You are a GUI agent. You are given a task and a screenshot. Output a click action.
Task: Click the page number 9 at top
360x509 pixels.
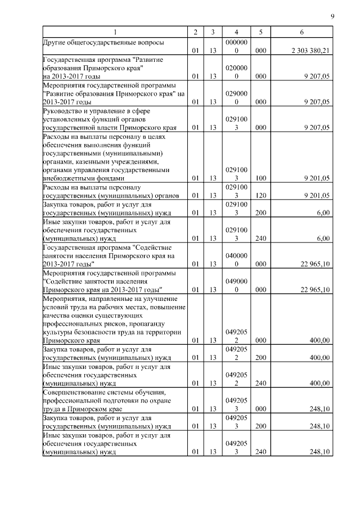pos(333,16)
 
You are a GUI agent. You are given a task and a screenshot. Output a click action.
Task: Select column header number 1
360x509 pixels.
pos(115,32)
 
